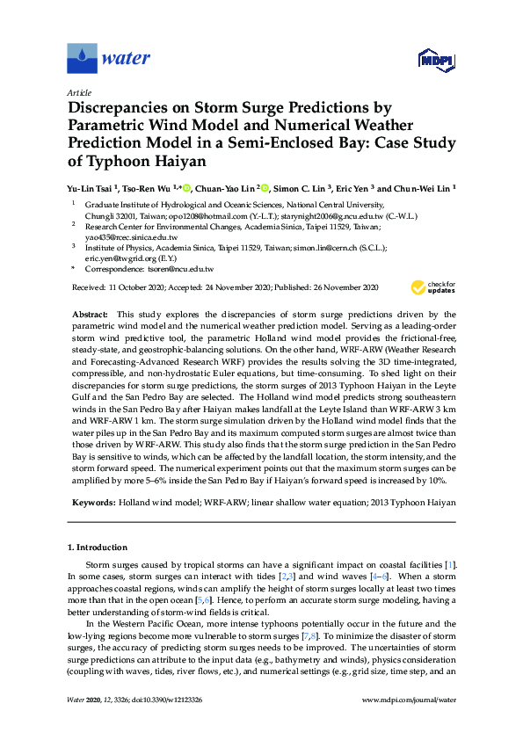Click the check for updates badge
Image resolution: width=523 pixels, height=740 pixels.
pyautogui.click(x=429, y=287)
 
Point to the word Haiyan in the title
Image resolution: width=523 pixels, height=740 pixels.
pyautogui.click(x=205, y=162)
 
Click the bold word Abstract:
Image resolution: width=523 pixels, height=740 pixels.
pyautogui.click(x=91, y=314)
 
